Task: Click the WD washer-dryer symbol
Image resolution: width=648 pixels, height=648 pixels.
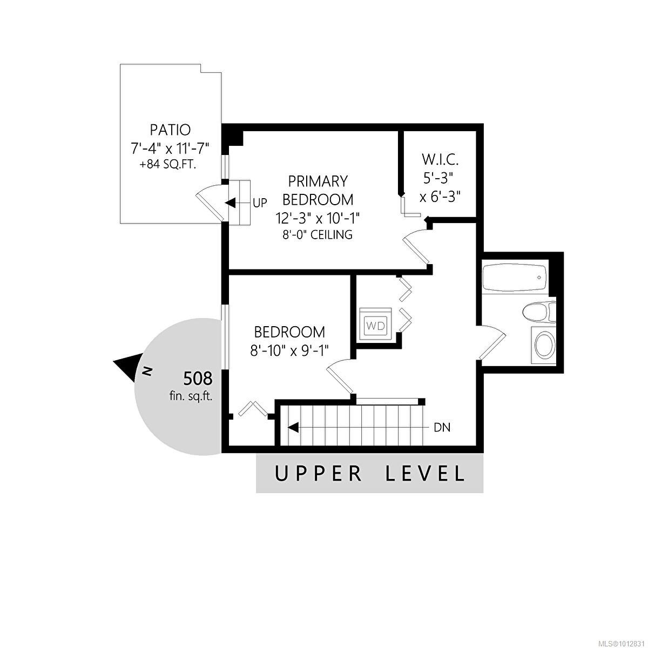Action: click(x=376, y=325)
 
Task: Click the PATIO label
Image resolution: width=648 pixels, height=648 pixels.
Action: click(x=170, y=130)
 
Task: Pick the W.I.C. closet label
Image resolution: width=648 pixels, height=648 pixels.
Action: click(x=440, y=160)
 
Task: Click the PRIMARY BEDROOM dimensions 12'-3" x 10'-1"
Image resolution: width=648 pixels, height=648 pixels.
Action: click(x=318, y=218)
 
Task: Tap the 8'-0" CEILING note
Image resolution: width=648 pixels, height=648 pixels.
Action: click(x=318, y=235)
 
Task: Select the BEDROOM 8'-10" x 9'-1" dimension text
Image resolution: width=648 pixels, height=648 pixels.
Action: click(x=289, y=350)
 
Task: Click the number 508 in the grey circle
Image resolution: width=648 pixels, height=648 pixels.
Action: click(x=198, y=379)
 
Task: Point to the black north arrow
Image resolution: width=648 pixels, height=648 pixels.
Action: click(x=127, y=368)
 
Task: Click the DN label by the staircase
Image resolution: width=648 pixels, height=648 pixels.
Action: click(x=442, y=428)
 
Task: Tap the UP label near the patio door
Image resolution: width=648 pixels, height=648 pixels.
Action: click(x=260, y=204)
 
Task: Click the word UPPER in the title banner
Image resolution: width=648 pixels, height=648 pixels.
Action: click(x=319, y=474)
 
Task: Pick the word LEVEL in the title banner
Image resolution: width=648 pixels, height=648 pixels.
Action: click(x=425, y=474)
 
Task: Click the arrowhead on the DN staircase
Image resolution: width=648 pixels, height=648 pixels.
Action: click(x=293, y=428)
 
